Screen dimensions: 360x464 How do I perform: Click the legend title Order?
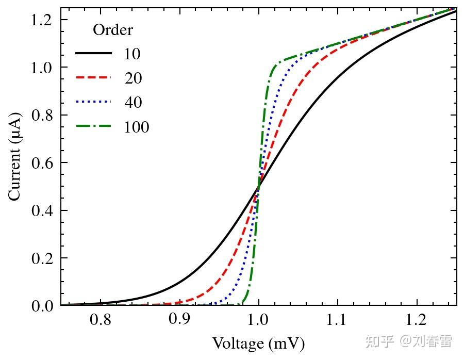112,30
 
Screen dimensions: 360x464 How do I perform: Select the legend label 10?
132,54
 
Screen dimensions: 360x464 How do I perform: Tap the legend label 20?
133,78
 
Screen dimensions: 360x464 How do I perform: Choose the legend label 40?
133,102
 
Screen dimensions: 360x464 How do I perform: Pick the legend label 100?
137,127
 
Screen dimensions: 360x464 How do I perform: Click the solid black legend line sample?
93,53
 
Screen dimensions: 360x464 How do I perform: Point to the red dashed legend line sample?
93,78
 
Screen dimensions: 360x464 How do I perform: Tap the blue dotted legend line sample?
93,102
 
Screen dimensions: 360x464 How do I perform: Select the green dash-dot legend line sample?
93,126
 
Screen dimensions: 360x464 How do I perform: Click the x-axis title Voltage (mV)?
258,343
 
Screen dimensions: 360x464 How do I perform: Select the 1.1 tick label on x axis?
337,320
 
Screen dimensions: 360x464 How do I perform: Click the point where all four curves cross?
258,187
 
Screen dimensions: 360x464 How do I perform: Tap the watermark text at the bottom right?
408,341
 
